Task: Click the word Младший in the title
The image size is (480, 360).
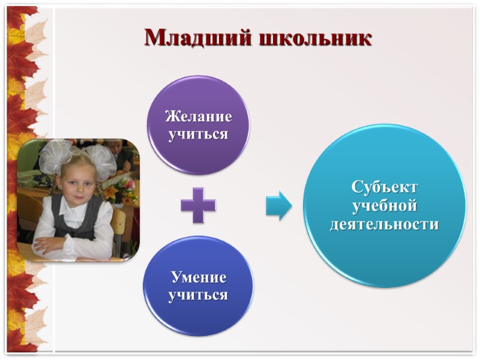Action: point(198,37)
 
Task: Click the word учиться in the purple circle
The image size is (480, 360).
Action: point(198,133)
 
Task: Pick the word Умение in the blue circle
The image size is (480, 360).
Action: point(199,277)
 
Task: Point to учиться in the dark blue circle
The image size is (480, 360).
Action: point(199,295)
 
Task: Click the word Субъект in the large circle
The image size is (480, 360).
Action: point(385,187)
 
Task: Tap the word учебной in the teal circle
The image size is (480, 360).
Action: point(385,206)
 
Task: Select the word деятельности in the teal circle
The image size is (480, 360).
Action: point(385,224)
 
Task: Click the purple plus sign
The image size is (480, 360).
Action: point(198,205)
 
